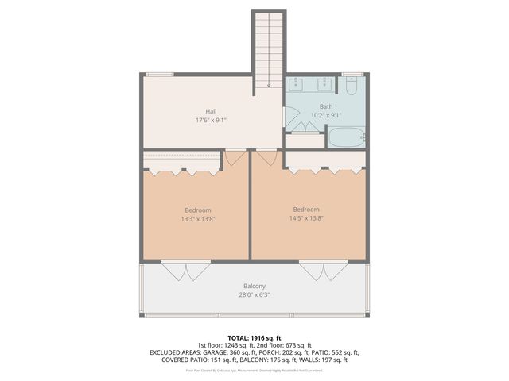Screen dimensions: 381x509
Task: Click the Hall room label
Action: [x=211, y=111]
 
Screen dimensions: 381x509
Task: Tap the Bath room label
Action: [x=326, y=106]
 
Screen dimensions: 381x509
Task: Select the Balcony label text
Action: [x=254, y=286]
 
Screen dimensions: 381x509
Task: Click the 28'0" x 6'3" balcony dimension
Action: [x=254, y=294]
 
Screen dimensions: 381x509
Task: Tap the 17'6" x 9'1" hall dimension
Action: [x=211, y=121]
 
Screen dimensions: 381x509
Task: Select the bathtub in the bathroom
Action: [x=345, y=138]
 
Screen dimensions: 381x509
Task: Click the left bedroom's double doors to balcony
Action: [x=186, y=271]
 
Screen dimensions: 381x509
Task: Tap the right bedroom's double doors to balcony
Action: [x=323, y=271]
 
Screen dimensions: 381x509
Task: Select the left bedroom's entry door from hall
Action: [x=235, y=157]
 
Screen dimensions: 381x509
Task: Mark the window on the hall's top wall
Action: [x=160, y=75]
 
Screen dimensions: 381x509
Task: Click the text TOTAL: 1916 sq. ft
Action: [x=254, y=337]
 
